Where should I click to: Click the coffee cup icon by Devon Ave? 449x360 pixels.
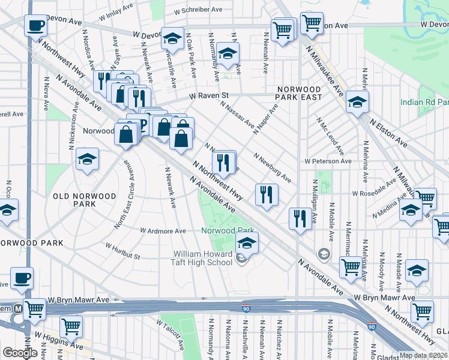tap(36, 26)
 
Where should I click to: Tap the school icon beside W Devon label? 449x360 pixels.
tap(172, 39)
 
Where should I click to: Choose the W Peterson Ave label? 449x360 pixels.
tap(328, 161)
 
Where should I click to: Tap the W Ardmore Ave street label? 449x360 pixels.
tap(163, 230)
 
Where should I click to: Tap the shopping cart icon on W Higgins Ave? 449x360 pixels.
tap(71, 326)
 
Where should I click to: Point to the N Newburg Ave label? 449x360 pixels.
tap(273, 168)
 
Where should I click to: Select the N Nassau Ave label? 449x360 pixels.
tap(237, 114)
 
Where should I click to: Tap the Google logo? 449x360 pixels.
tap(20, 353)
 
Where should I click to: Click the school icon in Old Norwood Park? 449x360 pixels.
tap(88, 160)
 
